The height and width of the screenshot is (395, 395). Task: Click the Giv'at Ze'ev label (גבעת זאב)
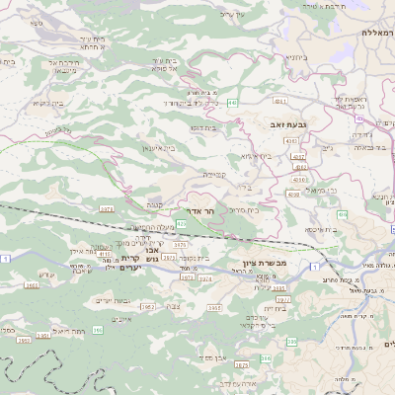point(284,125)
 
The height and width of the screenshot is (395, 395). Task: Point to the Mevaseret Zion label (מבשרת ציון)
point(263,263)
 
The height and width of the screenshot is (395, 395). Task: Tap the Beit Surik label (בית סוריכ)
point(245,209)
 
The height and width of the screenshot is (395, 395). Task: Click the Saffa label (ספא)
point(37,22)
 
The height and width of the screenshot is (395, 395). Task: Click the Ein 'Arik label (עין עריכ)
point(229,14)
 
